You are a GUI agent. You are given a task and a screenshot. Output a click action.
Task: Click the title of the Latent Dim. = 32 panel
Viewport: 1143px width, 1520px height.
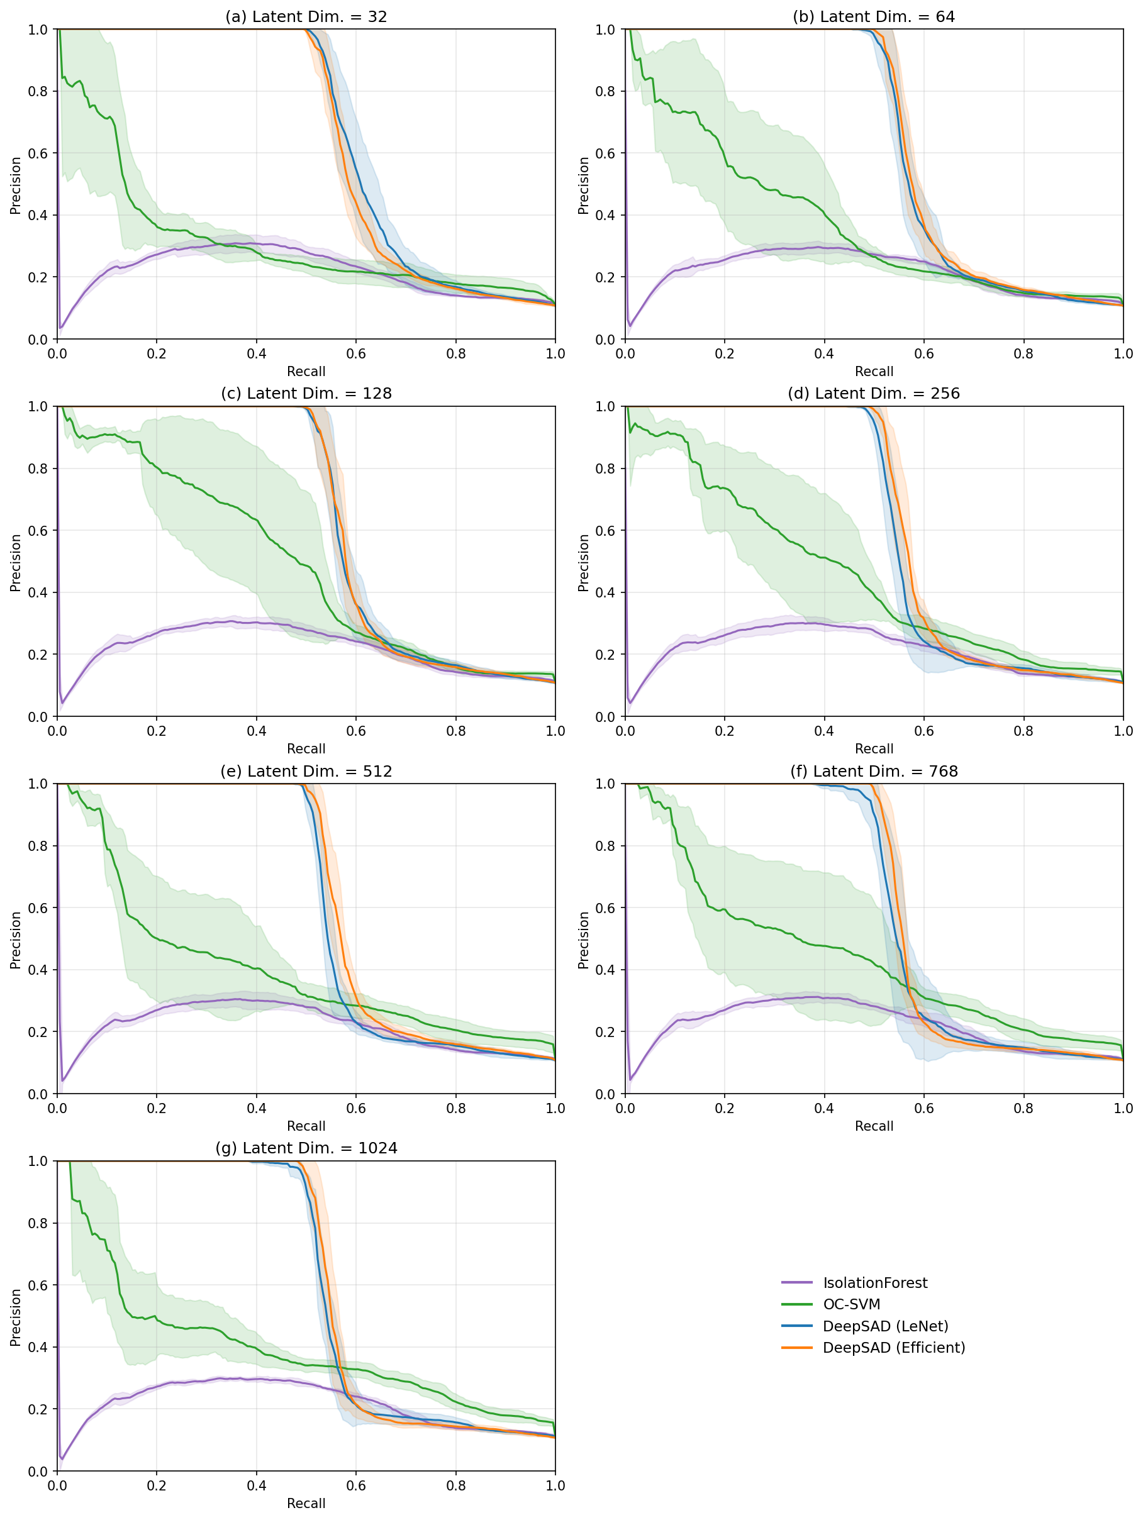pos(306,16)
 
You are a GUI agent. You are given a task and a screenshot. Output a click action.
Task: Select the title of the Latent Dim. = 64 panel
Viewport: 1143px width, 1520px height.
pos(874,16)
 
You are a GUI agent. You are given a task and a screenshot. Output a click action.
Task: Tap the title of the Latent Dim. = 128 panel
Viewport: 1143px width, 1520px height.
pos(306,394)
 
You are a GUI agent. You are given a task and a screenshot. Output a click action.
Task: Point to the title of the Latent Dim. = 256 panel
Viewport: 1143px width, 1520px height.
pos(874,394)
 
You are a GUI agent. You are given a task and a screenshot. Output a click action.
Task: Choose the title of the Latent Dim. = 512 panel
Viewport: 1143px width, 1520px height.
pos(306,771)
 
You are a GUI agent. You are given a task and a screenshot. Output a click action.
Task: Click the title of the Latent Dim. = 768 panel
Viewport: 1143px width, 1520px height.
pos(874,771)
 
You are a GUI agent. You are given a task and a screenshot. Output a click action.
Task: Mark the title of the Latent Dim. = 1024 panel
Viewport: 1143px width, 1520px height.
pos(306,1148)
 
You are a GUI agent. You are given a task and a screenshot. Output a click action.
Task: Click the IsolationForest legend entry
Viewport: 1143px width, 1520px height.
pos(874,1283)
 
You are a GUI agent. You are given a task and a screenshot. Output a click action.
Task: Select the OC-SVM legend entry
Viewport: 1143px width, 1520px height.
pos(851,1304)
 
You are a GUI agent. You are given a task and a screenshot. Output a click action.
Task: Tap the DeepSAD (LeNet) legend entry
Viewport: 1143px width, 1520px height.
pos(884,1326)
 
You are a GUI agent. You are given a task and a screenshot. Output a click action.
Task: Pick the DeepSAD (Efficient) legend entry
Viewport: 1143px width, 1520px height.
pos(893,1348)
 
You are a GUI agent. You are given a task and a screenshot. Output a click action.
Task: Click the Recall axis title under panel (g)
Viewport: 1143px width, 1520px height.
pos(306,1504)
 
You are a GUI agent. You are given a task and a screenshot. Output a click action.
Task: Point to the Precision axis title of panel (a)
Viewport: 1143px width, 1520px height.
pos(15,186)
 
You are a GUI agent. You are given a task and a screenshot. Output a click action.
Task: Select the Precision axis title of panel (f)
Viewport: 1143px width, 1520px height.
pos(584,940)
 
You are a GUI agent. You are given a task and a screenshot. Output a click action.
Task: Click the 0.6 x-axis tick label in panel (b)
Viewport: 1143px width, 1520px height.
pos(923,354)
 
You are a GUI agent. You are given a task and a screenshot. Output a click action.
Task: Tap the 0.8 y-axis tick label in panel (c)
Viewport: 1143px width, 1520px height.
pos(38,469)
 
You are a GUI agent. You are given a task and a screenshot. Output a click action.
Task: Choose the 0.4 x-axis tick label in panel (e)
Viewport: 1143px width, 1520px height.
pos(257,1108)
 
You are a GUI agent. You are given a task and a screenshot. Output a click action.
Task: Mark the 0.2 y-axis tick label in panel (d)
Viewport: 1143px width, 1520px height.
pos(606,655)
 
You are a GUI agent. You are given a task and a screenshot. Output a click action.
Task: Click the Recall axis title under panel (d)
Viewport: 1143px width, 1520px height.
pos(874,749)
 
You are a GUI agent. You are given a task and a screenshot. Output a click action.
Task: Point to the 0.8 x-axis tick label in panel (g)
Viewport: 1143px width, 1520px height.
pos(455,1485)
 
